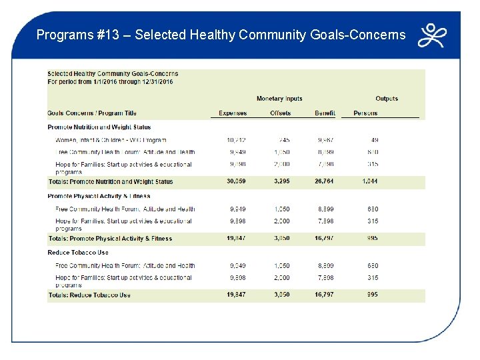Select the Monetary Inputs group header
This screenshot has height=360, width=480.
[x=279, y=99]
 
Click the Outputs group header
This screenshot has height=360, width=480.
[x=387, y=99]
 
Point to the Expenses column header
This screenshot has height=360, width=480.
[x=233, y=113]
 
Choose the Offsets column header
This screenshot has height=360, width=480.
[x=280, y=113]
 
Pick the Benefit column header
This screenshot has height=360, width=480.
[x=325, y=113]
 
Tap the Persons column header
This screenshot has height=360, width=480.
[x=365, y=113]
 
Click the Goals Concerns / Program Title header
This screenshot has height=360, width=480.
[x=92, y=113]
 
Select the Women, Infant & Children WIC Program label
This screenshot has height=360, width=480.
[x=111, y=141]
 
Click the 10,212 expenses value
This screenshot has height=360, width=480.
[x=237, y=141]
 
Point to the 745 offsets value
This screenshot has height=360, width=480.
[x=285, y=141]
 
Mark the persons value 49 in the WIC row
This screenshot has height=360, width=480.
[x=374, y=141]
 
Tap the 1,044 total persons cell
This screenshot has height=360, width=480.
[x=370, y=181]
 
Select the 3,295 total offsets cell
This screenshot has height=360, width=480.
[x=281, y=181]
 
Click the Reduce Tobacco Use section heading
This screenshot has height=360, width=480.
[x=78, y=253]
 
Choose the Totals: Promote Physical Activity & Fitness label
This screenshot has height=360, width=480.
[x=111, y=239]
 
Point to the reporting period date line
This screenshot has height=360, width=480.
[x=110, y=81]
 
